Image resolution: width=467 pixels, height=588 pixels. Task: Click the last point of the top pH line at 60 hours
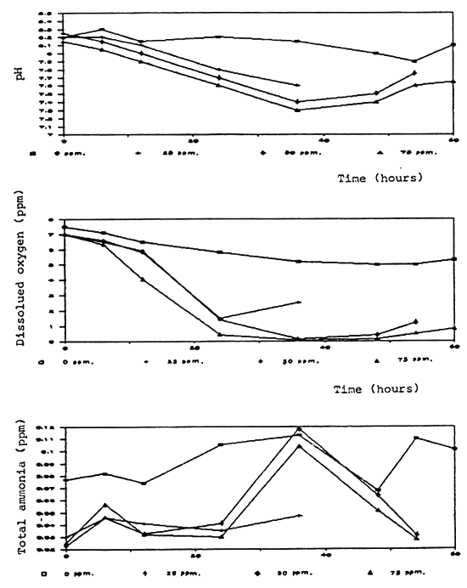[454, 44]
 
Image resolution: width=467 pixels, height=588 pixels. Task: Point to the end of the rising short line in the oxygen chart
[299, 302]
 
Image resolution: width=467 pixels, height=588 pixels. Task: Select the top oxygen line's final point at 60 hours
[454, 258]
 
